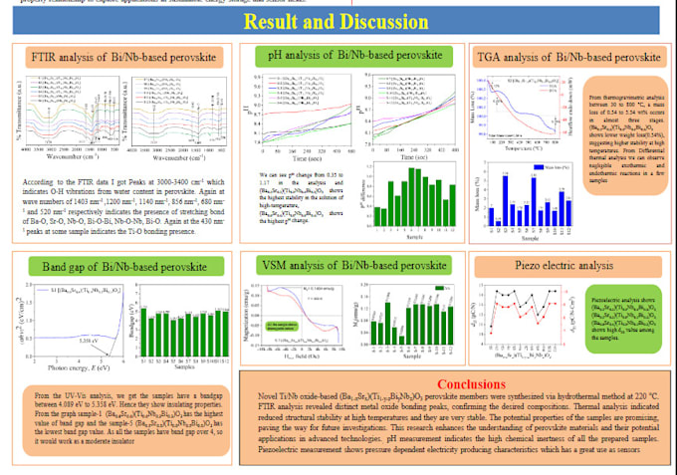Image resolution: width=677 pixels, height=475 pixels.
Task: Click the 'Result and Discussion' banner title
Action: click(x=338, y=21)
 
